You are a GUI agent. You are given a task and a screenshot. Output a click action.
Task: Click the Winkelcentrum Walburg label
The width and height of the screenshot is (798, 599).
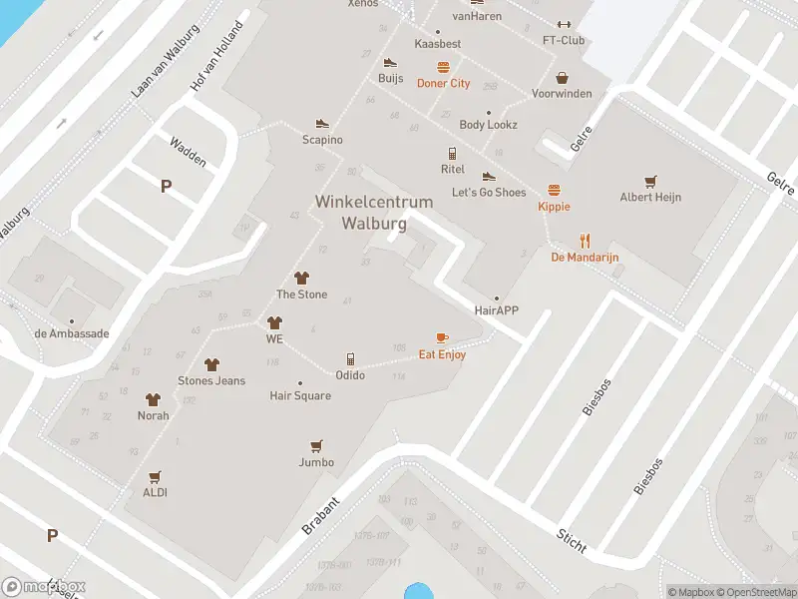pos(374,213)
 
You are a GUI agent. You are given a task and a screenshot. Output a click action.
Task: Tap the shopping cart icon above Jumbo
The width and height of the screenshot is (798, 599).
pos(316,446)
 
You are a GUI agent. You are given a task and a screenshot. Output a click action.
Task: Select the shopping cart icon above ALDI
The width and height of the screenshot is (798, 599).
pos(155,477)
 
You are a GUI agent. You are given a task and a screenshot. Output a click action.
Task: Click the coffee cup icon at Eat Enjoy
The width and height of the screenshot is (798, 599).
pos(442,338)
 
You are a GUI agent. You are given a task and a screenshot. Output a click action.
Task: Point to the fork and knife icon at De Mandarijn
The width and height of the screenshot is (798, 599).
pos(585,241)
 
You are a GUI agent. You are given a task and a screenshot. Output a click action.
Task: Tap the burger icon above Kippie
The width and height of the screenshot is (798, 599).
pos(554,190)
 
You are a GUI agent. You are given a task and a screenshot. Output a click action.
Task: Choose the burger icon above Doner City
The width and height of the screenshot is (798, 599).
pos(443,67)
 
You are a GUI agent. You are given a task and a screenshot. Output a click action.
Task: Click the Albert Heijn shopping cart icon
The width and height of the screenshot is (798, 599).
pos(650,181)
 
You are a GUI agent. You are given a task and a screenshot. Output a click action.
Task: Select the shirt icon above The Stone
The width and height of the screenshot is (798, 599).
pos(300,278)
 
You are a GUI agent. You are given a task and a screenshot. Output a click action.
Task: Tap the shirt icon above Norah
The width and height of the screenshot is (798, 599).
pos(153,399)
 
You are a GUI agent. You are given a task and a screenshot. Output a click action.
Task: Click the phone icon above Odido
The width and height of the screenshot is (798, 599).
pos(350,358)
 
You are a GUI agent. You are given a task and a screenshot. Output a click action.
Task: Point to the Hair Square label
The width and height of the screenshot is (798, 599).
pos(300,395)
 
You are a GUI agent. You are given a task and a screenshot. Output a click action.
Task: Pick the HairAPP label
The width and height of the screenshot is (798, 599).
pos(497,310)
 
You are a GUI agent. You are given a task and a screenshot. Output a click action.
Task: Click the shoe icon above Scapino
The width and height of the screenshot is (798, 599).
pos(322,123)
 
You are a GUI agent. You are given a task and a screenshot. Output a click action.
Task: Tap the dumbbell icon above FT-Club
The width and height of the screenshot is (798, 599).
pos(564,25)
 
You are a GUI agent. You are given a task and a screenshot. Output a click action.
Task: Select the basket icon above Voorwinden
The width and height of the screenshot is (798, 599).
pos(563,77)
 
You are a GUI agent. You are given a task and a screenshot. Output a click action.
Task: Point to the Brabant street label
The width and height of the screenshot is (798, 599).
pos(321,515)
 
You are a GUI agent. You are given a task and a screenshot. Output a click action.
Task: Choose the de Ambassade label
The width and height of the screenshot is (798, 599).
pos(71,333)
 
